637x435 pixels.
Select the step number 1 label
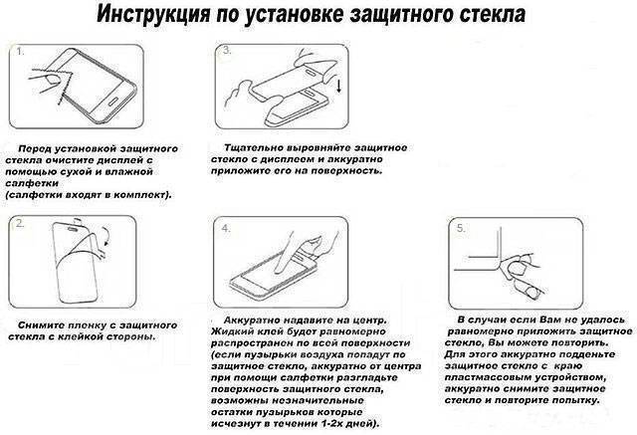click(18, 50)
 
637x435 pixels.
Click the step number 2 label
click(19, 225)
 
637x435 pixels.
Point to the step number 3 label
click(227, 49)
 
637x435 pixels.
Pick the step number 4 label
click(226, 228)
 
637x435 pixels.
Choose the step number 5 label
click(460, 228)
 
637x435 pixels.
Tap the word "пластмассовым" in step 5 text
click(492, 366)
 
